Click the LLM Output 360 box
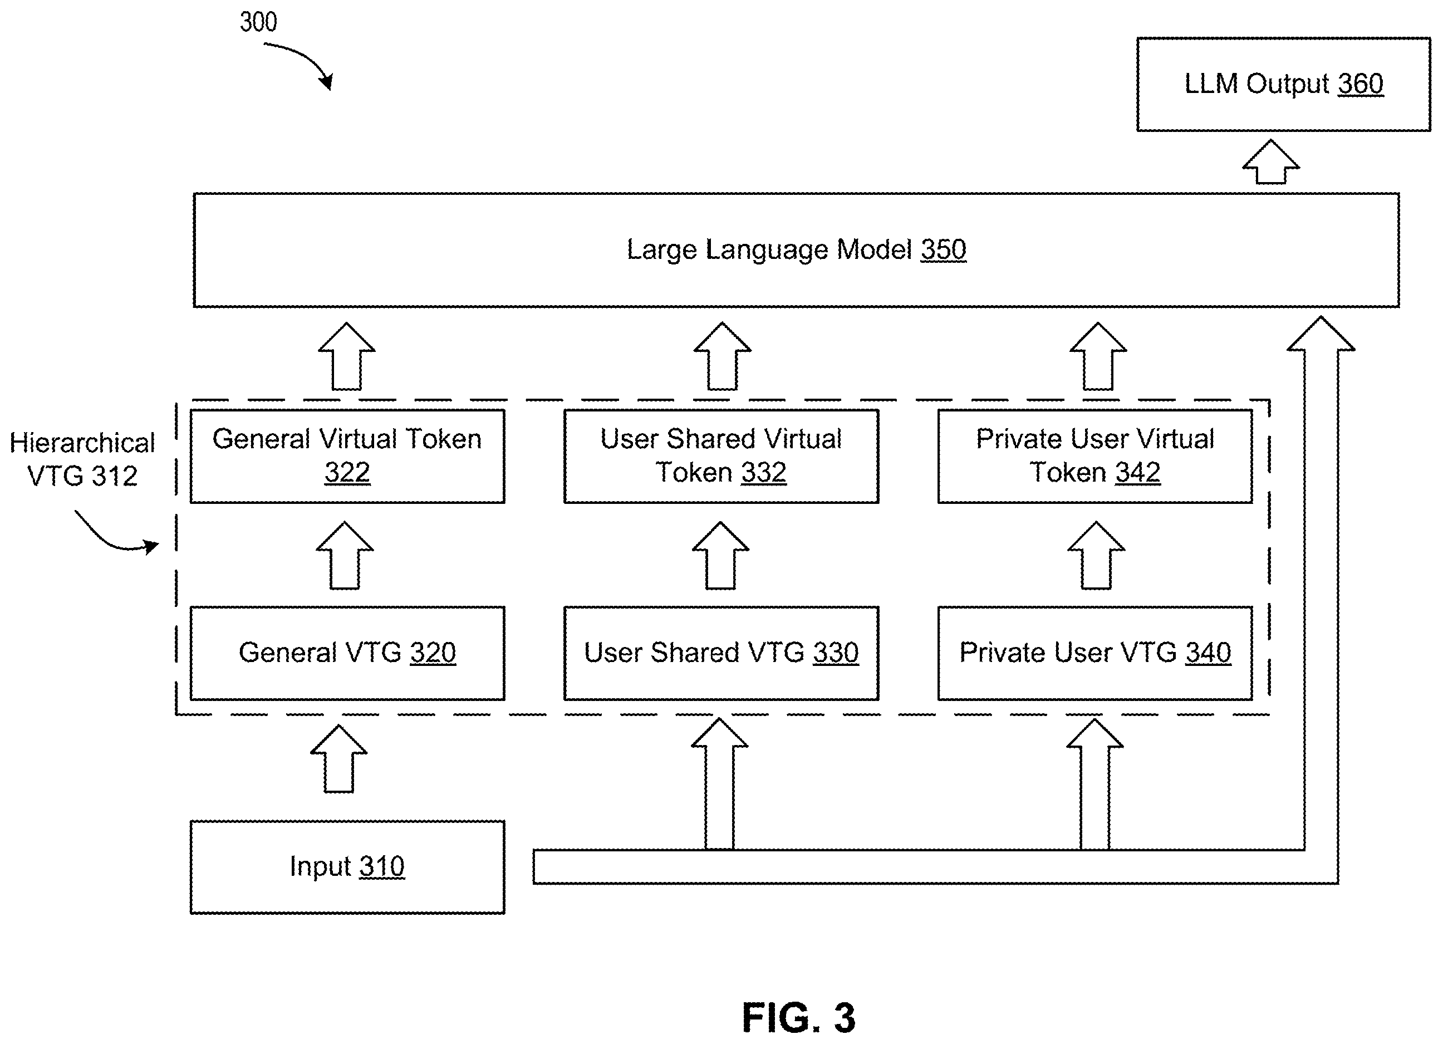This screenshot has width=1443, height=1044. tap(1283, 85)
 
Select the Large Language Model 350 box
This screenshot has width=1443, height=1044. tap(796, 250)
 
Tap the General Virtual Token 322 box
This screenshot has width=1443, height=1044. tap(347, 456)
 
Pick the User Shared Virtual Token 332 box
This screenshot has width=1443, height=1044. tap(721, 456)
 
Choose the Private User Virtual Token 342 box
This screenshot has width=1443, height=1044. tap(1095, 456)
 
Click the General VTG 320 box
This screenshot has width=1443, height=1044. tap(347, 653)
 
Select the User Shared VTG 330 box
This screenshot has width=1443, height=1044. tap(721, 653)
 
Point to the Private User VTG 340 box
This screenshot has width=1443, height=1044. tap(1095, 653)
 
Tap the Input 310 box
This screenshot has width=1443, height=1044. tap(347, 867)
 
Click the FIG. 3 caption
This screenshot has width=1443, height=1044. tap(798, 1017)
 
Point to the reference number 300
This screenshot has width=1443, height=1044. tap(258, 22)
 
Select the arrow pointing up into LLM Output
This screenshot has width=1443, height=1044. tap(1270, 161)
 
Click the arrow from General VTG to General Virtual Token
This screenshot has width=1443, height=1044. tap(345, 555)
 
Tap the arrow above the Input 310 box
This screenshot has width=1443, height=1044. tap(338, 758)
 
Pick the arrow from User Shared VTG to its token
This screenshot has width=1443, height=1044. tap(720, 555)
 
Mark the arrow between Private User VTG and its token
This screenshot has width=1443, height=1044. tap(1096, 555)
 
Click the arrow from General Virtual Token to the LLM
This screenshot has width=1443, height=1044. tap(347, 356)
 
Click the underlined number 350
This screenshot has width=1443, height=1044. tap(944, 250)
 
